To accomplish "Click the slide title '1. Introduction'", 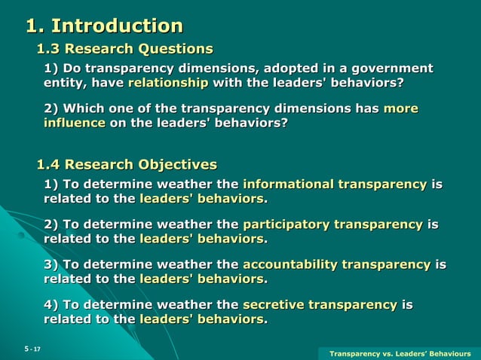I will [104, 26].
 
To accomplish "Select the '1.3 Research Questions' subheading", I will [125, 49].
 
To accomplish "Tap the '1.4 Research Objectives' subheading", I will [127, 164].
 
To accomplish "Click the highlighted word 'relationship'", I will [168, 83].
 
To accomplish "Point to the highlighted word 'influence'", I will [74, 123].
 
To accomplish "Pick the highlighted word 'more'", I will [400, 108].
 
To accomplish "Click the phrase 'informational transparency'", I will [334, 185].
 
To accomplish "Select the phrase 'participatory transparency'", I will [332, 224].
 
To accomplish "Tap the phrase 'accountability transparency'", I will [336, 264].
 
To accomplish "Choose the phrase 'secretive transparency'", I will [320, 304].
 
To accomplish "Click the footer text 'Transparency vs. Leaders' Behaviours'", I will [400, 353].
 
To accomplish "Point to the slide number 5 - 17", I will [32, 349].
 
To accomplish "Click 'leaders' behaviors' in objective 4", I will [202, 319].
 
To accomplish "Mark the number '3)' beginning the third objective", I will [51, 264].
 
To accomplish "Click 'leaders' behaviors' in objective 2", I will [202, 239].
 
